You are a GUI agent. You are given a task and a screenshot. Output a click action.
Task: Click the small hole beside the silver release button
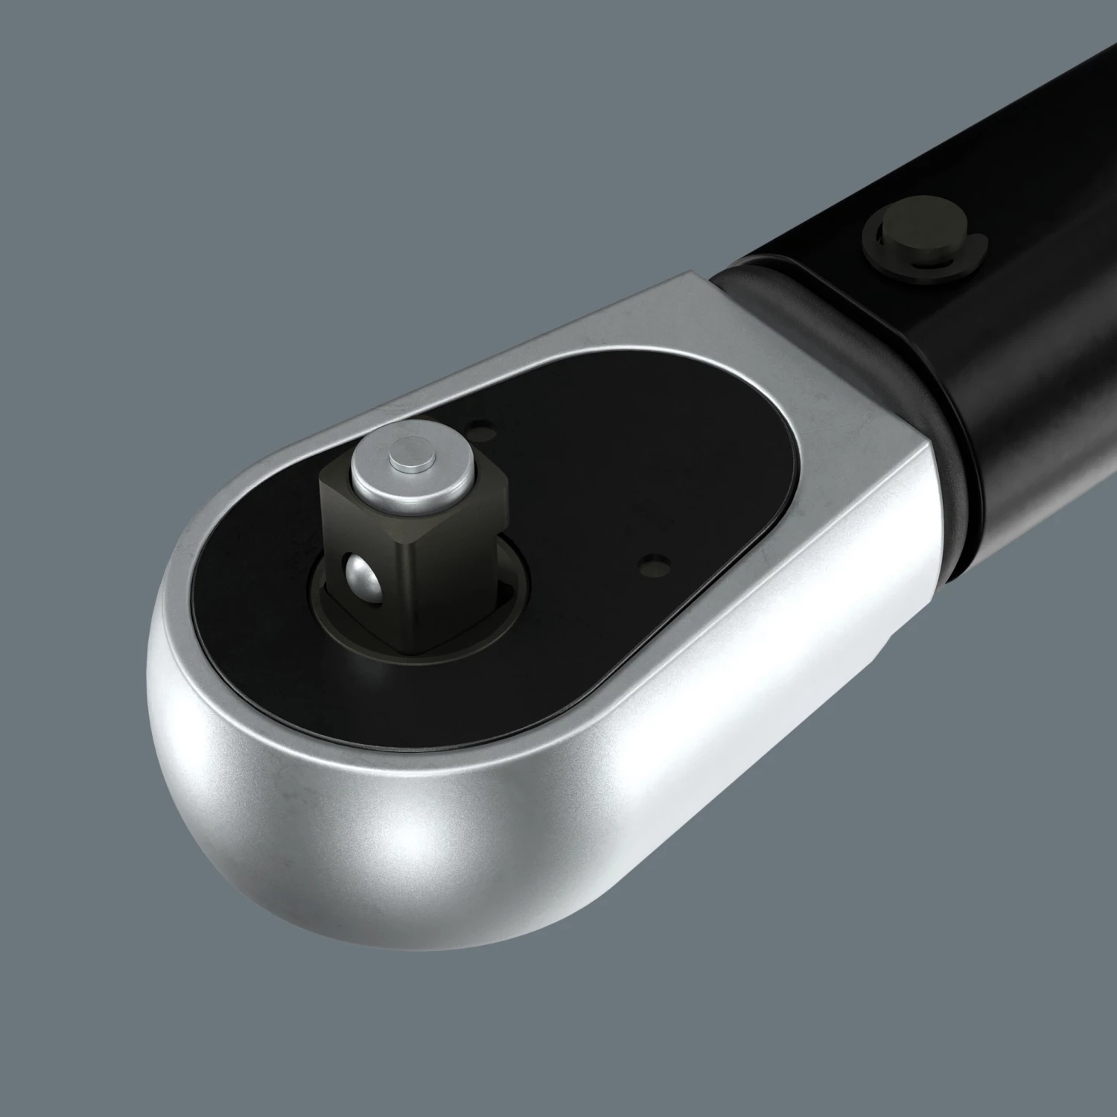(477, 427)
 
